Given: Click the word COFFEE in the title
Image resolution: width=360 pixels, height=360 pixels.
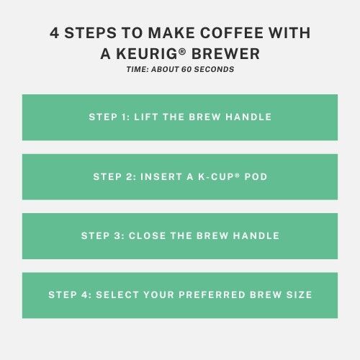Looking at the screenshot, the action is (x=232, y=32).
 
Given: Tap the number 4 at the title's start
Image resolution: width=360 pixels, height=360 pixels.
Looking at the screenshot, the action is (x=54, y=32).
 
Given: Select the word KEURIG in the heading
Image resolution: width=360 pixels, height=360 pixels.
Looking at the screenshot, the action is (x=147, y=53).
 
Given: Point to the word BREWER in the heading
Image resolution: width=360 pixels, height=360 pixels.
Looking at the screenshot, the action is (x=225, y=53).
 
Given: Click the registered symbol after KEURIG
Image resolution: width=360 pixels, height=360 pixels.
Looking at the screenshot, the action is (x=182, y=51).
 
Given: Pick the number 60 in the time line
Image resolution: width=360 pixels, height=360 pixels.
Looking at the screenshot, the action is (x=186, y=69).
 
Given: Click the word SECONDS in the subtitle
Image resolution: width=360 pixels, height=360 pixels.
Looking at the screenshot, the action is (x=214, y=69).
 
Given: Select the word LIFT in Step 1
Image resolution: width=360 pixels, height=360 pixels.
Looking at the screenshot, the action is (x=146, y=117).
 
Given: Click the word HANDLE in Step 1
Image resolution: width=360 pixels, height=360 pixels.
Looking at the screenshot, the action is (x=248, y=117).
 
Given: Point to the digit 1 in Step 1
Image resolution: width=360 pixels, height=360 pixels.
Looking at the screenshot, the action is (x=124, y=117).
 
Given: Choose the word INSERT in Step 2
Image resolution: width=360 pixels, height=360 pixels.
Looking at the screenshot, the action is (x=161, y=177).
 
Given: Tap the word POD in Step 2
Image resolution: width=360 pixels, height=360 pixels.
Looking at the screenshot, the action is (x=256, y=177).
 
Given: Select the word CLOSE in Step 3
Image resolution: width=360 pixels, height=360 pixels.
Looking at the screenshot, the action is (x=147, y=235).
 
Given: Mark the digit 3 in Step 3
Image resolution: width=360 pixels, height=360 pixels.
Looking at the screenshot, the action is (x=117, y=235).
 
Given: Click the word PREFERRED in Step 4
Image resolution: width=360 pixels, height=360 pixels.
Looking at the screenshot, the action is (x=212, y=294).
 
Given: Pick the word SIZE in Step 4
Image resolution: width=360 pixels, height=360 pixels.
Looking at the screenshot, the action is (x=299, y=294).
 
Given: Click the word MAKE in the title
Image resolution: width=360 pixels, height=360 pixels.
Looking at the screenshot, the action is (x=171, y=32).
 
